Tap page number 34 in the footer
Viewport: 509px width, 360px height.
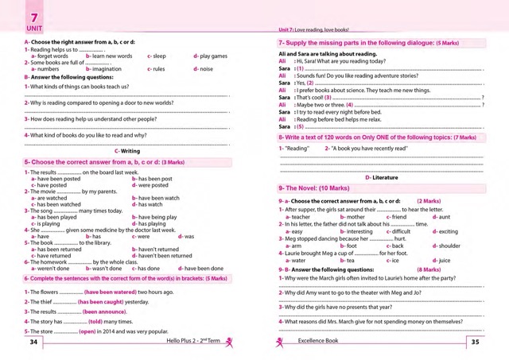tap(33, 342)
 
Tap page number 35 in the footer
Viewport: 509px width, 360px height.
tap(475, 342)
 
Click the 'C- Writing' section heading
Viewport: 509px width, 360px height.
tap(127, 150)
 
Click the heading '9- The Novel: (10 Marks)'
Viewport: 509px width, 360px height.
tap(314, 188)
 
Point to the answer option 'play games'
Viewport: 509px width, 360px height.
tap(212, 56)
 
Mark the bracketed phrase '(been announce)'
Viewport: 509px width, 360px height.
tap(105, 312)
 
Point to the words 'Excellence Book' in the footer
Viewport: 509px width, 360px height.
tap(318, 342)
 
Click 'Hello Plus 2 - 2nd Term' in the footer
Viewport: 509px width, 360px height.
tap(191, 342)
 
